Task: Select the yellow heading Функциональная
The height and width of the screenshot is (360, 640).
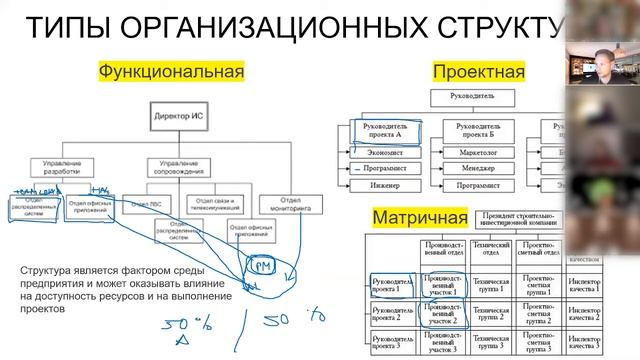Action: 171,72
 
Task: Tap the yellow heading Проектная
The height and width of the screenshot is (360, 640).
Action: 478,72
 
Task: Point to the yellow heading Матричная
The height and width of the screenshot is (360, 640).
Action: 420,217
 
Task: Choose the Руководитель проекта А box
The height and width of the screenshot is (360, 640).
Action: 385,132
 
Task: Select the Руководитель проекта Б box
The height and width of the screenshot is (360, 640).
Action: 475,132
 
